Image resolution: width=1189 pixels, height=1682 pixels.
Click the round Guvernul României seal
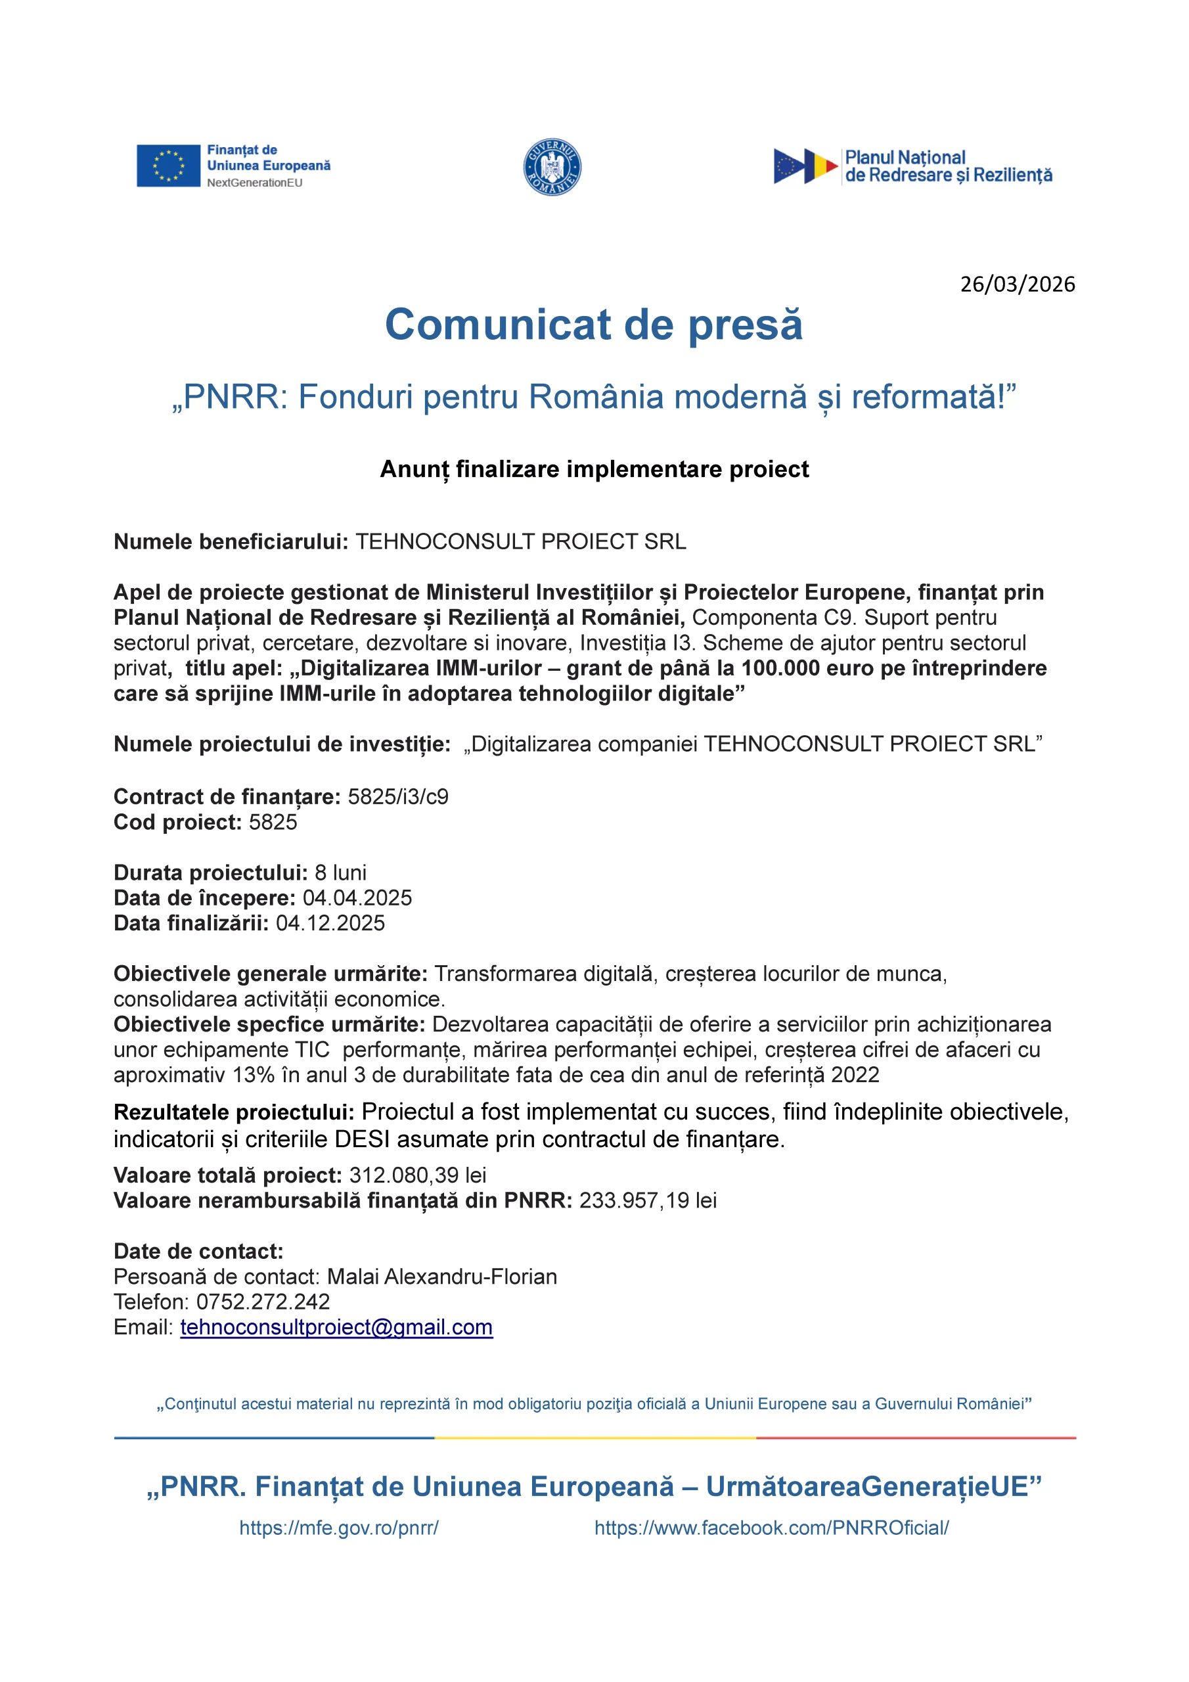pyautogui.click(x=552, y=167)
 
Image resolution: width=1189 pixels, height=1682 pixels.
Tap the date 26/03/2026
pyautogui.click(x=1017, y=284)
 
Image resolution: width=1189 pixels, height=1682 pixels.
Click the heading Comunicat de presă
pyautogui.click(x=593, y=325)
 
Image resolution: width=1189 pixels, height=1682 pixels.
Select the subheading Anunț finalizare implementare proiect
pyautogui.click(x=594, y=469)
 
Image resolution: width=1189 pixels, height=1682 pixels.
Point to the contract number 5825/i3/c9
pyautogui.click(x=398, y=796)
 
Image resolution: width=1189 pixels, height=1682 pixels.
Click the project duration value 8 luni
pyautogui.click(x=341, y=873)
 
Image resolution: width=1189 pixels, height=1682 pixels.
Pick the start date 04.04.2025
pyautogui.click(x=357, y=898)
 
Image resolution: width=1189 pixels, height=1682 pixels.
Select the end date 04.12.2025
pyautogui.click(x=330, y=923)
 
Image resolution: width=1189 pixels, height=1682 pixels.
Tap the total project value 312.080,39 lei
pyautogui.click(x=418, y=1175)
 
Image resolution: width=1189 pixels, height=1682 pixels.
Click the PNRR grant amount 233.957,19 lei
pyautogui.click(x=648, y=1200)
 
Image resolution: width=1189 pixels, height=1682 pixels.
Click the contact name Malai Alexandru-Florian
pyautogui.click(x=441, y=1276)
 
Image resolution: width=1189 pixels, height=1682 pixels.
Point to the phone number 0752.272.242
pyautogui.click(x=263, y=1302)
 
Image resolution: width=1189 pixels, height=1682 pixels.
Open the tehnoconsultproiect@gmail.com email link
pyautogui.click(x=336, y=1327)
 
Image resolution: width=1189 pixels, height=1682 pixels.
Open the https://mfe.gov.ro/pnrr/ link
pyautogui.click(x=338, y=1528)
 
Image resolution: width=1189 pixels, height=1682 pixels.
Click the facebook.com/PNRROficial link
pyautogui.click(x=771, y=1528)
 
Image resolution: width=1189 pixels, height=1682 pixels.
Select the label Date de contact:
pyautogui.click(x=198, y=1251)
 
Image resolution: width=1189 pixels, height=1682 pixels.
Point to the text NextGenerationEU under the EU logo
pyautogui.click(x=254, y=183)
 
